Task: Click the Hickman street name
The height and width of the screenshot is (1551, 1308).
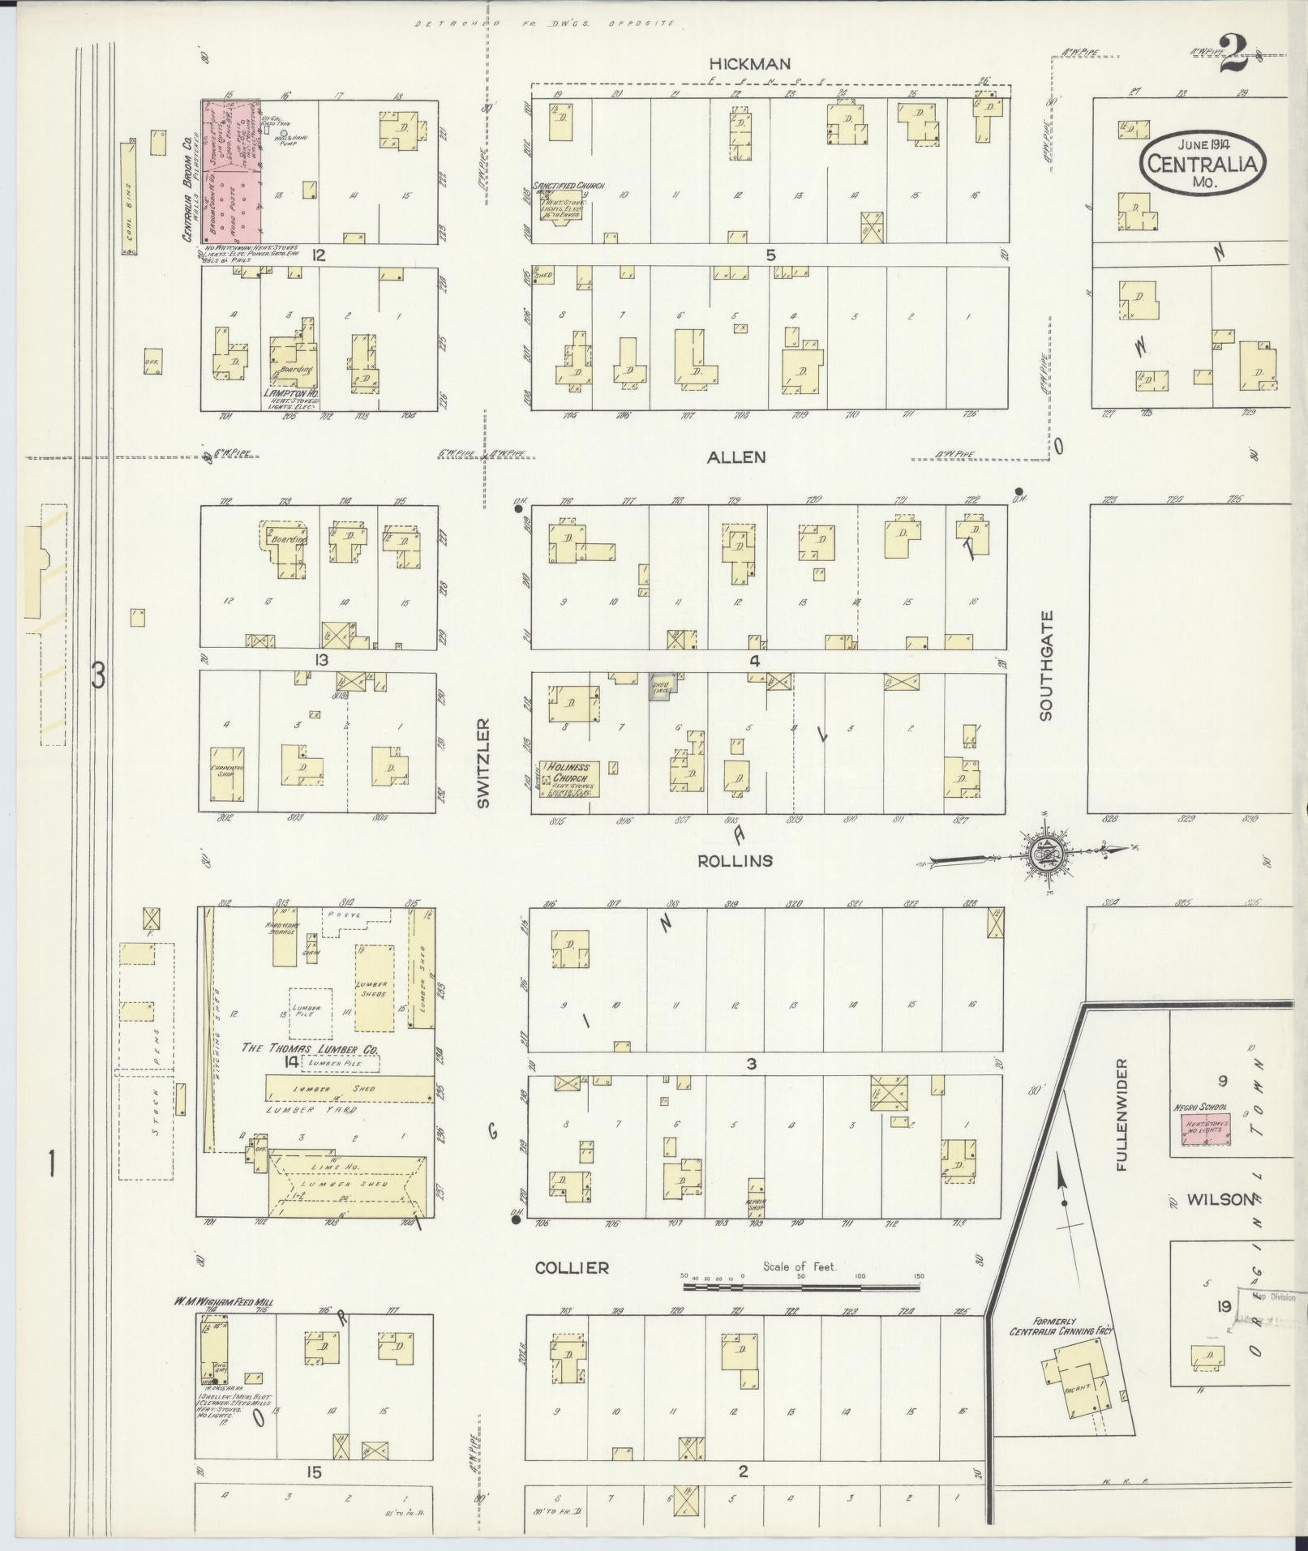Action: [x=749, y=63]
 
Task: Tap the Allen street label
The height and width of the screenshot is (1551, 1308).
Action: [x=735, y=457]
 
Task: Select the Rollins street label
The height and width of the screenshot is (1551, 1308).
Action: [x=735, y=860]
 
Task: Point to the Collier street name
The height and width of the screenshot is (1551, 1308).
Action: [x=572, y=1267]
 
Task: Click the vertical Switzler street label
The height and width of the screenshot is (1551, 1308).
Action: [x=483, y=762]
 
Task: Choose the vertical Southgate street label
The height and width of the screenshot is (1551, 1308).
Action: [x=1046, y=666]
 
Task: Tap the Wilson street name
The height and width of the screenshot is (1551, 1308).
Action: [x=1220, y=1199]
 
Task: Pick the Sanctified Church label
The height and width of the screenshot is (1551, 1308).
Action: [x=568, y=186]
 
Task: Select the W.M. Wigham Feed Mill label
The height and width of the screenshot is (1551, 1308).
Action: [x=221, y=1302]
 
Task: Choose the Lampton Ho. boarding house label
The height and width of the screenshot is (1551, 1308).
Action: [x=291, y=392]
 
